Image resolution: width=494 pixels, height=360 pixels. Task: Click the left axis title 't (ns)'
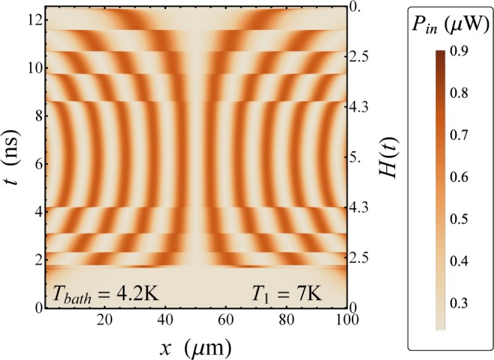pyautogui.click(x=13, y=156)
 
